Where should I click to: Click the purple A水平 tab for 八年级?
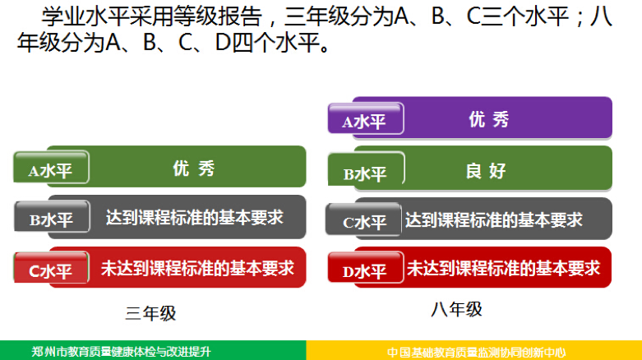tap(366, 118)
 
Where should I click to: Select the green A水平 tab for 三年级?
tap(51, 167)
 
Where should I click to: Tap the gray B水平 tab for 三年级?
tap(52, 216)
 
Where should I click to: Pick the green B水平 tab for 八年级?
tap(367, 168)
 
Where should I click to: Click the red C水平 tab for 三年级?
tap(51, 267)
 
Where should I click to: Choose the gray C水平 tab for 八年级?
tap(363, 219)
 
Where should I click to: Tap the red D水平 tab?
tap(366, 267)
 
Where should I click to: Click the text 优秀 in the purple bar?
tap(489, 120)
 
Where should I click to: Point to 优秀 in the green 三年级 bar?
tap(194, 168)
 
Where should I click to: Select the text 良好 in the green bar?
tap(486, 171)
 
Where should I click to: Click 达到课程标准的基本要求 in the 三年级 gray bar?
tap(195, 218)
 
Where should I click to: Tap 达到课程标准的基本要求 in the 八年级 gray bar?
tap(494, 220)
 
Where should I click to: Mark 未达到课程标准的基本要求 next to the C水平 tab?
tap(197, 268)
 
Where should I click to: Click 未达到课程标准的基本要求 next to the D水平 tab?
tap(503, 268)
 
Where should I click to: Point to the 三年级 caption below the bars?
tap(150, 314)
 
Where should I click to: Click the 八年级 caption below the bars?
tap(456, 309)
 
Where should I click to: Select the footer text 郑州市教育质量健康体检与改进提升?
tap(121, 352)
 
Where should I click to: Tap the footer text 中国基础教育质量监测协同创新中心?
tap(476, 352)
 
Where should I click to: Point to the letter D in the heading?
tap(223, 42)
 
